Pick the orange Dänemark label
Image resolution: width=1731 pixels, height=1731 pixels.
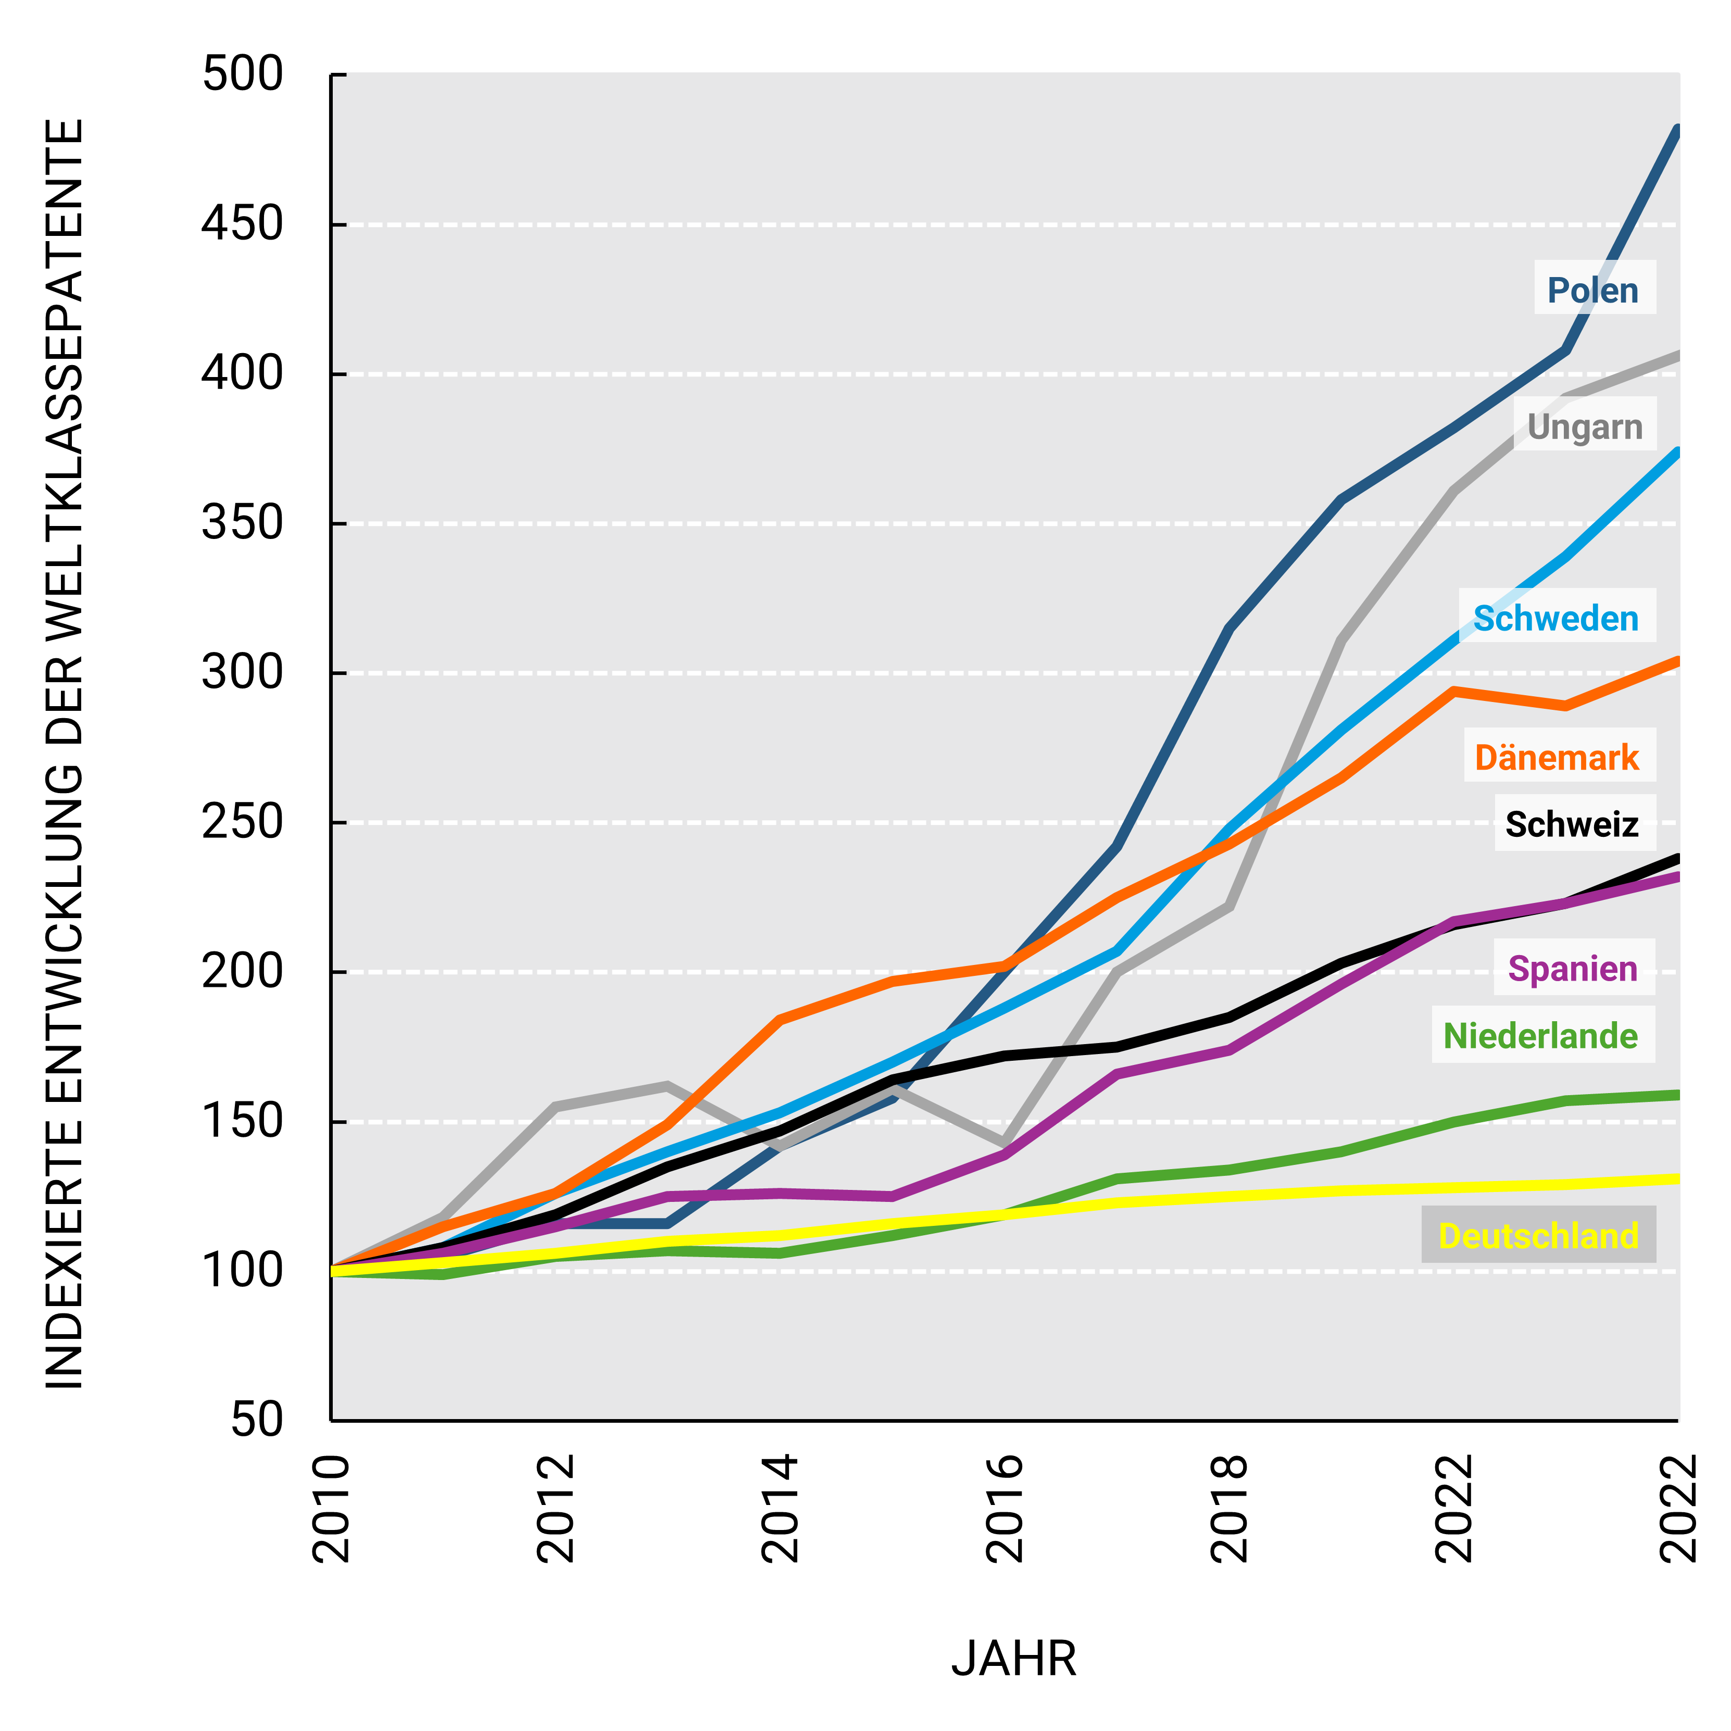1557,758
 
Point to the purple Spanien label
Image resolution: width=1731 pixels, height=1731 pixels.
1572,969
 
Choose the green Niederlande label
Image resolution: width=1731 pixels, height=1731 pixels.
1540,1036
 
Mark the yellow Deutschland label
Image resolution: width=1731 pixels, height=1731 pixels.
1538,1236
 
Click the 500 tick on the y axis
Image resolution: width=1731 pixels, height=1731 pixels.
242,74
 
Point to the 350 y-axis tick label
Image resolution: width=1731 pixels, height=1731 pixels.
242,523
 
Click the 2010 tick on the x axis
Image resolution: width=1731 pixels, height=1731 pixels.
331,1510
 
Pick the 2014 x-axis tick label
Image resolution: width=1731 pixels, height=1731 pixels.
780,1510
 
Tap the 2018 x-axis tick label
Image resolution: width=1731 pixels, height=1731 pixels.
1228,1510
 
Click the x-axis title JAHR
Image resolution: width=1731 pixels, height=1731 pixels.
1013,1658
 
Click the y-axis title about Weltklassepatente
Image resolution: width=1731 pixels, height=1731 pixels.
65,752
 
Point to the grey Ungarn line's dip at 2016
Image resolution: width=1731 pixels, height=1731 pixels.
1005,1143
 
